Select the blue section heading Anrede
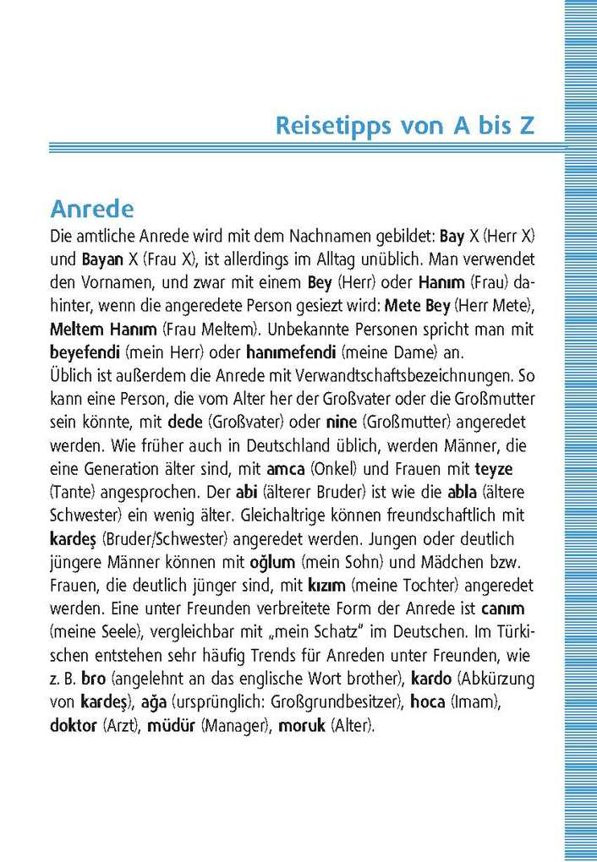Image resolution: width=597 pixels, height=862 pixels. (x=92, y=208)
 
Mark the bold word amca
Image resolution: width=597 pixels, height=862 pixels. (x=285, y=467)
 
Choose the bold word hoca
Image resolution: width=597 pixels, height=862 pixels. (x=428, y=701)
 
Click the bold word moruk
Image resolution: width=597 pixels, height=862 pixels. (x=302, y=725)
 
